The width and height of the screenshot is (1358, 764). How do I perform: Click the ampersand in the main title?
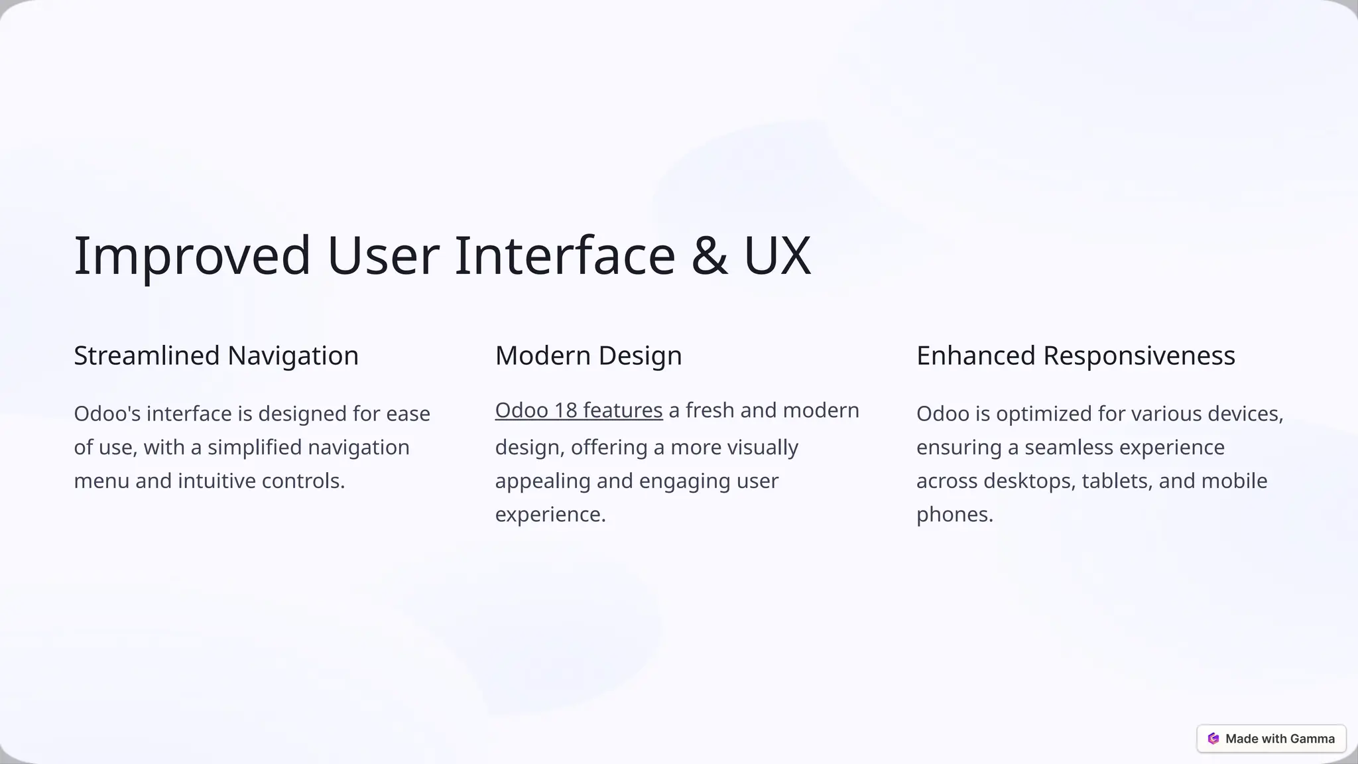click(x=709, y=255)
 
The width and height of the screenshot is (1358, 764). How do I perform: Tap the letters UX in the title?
click(x=777, y=255)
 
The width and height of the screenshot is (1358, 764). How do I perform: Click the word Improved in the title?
click(x=192, y=255)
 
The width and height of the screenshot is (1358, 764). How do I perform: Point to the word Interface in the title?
click(x=564, y=255)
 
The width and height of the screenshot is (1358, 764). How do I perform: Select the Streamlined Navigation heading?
click(x=216, y=355)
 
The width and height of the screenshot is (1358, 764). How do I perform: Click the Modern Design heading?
click(x=588, y=355)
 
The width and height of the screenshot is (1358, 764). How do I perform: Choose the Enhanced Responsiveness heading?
click(x=1076, y=355)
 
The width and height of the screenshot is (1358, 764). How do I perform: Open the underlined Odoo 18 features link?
click(x=579, y=411)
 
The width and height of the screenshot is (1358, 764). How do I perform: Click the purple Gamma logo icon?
click(x=1213, y=739)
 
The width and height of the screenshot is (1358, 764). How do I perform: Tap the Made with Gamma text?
click(x=1280, y=739)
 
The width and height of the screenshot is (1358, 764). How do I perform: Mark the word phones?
click(x=954, y=515)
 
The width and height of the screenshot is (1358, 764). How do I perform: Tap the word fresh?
click(x=710, y=411)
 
